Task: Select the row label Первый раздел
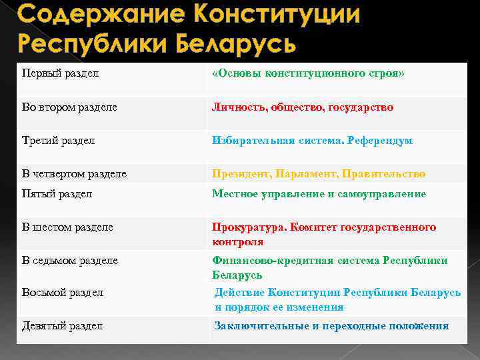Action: tap(61, 73)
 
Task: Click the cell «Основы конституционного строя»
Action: tap(308, 73)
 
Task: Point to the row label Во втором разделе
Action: tap(69, 107)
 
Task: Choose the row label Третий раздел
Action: tap(59, 141)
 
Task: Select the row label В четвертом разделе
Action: tap(74, 174)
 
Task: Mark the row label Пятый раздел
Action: tap(57, 193)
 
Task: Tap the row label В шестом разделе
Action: tap(67, 227)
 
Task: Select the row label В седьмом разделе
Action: tap(70, 260)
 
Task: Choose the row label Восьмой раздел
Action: tap(63, 292)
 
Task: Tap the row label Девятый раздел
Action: tap(62, 326)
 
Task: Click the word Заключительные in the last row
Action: tap(261, 326)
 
